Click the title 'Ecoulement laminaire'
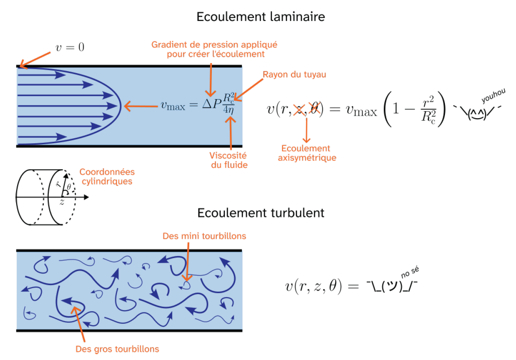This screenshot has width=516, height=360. (x=261, y=17)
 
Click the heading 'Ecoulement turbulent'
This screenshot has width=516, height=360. (x=261, y=213)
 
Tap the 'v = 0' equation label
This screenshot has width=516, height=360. (x=70, y=47)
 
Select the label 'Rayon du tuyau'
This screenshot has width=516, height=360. (x=295, y=74)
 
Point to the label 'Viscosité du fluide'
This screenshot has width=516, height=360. (x=229, y=160)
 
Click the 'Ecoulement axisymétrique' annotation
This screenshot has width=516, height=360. (x=307, y=153)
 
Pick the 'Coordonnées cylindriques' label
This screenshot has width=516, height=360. (x=107, y=177)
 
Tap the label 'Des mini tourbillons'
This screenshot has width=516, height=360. (x=204, y=236)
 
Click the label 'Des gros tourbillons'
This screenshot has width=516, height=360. (x=117, y=349)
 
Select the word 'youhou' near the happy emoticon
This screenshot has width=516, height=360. (x=493, y=95)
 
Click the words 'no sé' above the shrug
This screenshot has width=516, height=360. (x=410, y=272)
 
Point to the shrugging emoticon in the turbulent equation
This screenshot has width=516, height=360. (x=392, y=286)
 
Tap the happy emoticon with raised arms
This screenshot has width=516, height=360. (x=477, y=113)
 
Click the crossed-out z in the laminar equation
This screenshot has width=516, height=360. (x=299, y=110)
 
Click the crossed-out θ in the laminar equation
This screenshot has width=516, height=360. (x=315, y=109)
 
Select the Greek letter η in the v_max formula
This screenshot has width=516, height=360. (x=231, y=110)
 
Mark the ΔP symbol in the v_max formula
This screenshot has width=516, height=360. (x=212, y=104)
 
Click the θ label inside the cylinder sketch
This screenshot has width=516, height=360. (x=69, y=187)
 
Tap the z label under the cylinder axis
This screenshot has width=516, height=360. (x=62, y=202)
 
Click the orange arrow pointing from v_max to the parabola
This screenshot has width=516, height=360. (x=141, y=106)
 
